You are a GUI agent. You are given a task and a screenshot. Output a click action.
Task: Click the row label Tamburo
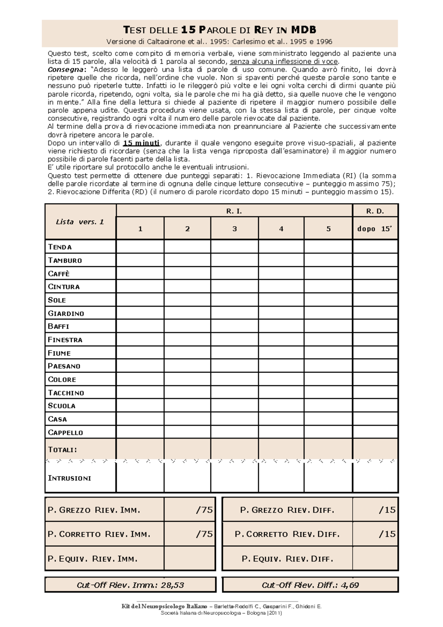tap(65, 260)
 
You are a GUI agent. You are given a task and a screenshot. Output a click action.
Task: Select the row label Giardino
tap(66, 313)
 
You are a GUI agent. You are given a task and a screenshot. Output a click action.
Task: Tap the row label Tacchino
tap(66, 393)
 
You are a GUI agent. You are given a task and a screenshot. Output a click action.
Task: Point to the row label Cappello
tap(65, 432)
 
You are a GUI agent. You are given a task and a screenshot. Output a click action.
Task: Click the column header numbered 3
tap(234, 229)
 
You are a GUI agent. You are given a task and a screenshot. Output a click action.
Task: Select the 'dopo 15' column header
tap(375, 229)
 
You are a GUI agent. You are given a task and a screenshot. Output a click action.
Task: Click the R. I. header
tap(234, 211)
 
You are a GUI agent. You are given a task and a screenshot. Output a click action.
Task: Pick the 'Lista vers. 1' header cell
tap(80, 222)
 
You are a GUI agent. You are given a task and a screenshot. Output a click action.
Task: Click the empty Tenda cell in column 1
tap(140, 247)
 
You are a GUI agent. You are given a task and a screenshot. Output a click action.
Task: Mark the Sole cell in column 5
tap(328, 300)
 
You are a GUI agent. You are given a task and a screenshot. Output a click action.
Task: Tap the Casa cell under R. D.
tap(375, 419)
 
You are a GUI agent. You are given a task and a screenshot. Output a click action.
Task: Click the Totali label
tap(62, 450)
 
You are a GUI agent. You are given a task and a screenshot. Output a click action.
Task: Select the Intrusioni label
tap(69, 478)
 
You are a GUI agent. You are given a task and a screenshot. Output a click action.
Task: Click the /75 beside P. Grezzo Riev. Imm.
tap(204, 510)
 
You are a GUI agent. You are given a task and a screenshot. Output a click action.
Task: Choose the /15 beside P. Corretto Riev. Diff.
tap(387, 534)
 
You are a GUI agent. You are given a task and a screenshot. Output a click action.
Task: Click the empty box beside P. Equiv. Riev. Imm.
tap(189, 559)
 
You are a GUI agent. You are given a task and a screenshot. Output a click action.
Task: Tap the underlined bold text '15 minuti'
tap(141, 143)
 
